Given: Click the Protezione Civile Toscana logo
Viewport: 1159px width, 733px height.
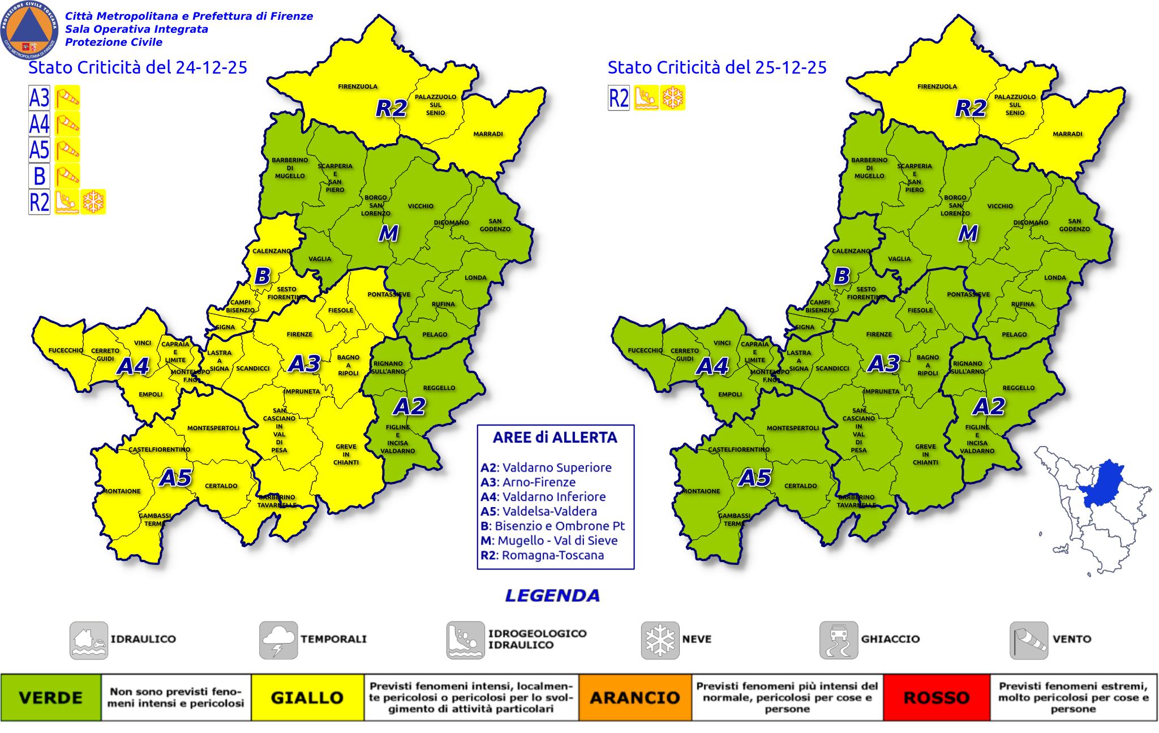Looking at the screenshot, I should point(29,29).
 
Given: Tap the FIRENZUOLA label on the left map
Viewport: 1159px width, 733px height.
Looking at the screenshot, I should point(358,87).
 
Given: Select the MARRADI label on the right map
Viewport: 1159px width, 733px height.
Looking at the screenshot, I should point(1067,134).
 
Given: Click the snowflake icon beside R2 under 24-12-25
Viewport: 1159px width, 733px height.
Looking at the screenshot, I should point(93,202).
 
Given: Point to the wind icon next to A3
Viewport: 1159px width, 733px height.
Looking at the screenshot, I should point(67,98).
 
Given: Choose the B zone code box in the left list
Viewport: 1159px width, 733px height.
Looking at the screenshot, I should point(40,175).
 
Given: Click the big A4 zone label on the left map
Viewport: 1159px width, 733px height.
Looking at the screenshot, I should point(132,367).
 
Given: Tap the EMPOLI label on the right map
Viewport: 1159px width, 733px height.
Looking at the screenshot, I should point(729,395).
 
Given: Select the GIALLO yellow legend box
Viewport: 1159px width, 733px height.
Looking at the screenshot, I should point(307,697).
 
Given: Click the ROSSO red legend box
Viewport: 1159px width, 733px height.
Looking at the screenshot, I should point(937,697).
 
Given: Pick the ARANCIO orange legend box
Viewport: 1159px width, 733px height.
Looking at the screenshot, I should point(635,697).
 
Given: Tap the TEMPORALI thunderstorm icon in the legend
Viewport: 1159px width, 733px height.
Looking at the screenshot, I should point(278,640).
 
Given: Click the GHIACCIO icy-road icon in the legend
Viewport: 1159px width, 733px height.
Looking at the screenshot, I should point(839,640).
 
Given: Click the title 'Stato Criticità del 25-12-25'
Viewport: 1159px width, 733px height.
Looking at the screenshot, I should point(717,67).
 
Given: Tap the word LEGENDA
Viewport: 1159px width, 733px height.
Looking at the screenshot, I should point(552,595).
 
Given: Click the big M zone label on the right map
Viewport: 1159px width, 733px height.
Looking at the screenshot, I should point(968,233).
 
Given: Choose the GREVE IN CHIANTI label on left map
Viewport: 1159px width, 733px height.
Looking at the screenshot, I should point(346,455).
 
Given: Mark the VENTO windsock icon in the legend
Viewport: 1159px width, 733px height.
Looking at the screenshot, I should point(1029,640).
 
